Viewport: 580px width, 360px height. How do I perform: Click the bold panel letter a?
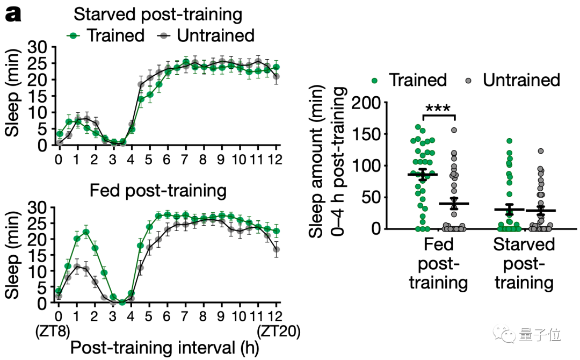tap(13, 14)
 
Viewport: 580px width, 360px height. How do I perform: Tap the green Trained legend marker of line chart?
tap(75, 35)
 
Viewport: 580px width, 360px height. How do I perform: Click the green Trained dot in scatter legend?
tap(375, 80)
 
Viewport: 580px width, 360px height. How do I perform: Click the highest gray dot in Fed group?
tap(454, 129)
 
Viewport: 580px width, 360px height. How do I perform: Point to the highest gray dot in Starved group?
tap(540, 151)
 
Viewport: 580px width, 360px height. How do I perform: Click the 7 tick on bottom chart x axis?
tap(186, 314)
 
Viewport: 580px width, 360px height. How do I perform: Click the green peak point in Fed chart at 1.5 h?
tap(86, 232)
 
